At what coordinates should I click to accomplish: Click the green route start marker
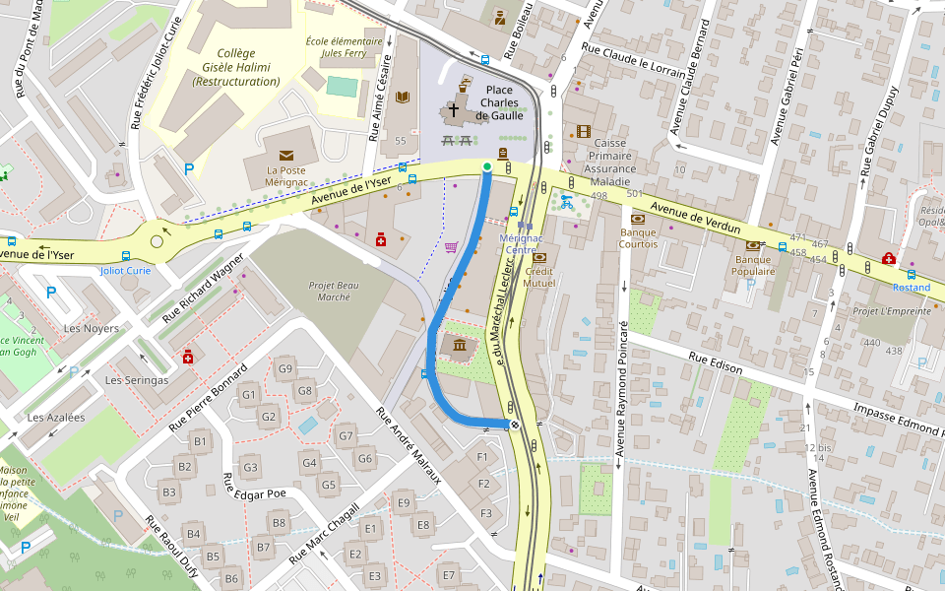pos(486,166)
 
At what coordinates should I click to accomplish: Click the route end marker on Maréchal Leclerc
pos(514,425)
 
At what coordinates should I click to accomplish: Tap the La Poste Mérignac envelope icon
pos(286,156)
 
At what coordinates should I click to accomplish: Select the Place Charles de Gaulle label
pos(499,102)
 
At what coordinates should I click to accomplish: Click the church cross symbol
pos(454,110)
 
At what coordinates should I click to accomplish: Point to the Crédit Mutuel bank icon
pos(538,258)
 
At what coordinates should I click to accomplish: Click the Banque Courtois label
pos(638,237)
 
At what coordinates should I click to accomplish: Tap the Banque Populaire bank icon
pos(753,245)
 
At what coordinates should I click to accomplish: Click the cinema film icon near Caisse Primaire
pos(585,131)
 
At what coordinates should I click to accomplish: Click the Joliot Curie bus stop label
pos(126,270)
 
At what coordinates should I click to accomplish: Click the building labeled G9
pos(285,369)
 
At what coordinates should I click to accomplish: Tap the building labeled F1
pos(482,457)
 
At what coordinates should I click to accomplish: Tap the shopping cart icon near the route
pos(451,247)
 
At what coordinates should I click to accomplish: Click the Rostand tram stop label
pos(911,288)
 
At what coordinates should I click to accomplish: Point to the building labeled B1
pos(200,441)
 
